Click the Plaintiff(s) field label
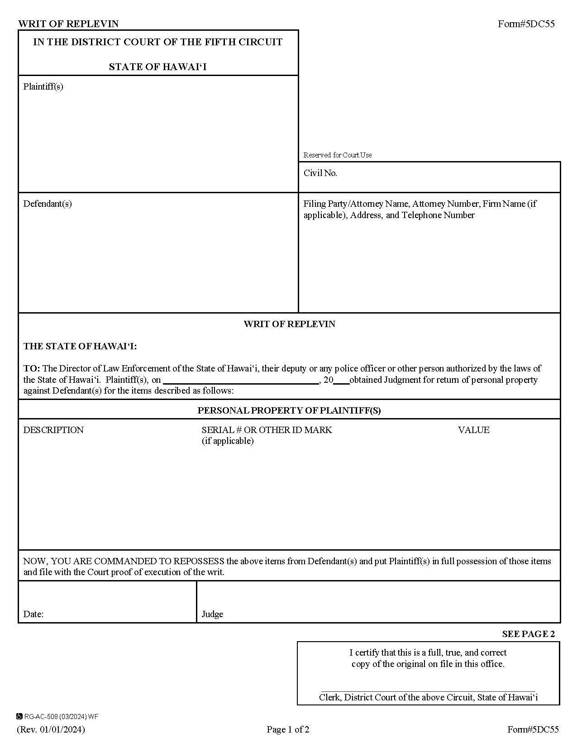[x=43, y=86]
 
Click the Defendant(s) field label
[x=48, y=204]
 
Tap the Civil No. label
[x=320, y=173]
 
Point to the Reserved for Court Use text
[x=337, y=155]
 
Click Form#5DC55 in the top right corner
[x=526, y=24]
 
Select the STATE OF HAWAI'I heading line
[x=157, y=67]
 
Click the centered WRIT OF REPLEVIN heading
[x=289, y=324]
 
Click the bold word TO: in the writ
[x=32, y=368]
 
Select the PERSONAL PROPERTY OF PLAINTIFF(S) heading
[x=289, y=410]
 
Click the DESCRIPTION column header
[x=53, y=430]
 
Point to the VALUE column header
[x=473, y=430]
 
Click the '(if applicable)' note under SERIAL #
[x=227, y=441]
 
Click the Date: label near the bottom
[x=33, y=614]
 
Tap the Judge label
[x=212, y=614]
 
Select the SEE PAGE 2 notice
[x=528, y=634]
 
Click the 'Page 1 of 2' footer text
[x=288, y=729]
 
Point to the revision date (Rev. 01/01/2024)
[x=51, y=729]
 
